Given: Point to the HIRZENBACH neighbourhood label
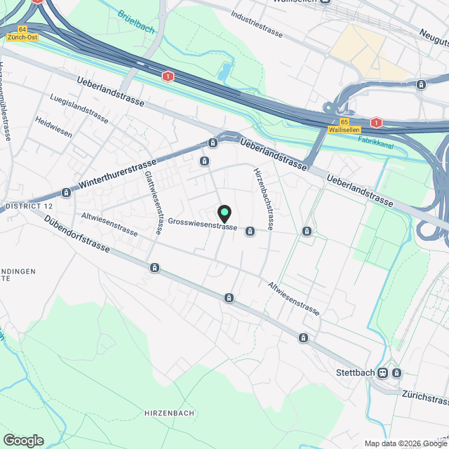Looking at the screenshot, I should [164, 412].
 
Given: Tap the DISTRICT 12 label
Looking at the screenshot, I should [29, 207].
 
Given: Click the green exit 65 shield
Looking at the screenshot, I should [344, 121].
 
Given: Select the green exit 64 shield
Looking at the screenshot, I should [23, 29].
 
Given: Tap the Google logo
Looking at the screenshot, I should [23, 441].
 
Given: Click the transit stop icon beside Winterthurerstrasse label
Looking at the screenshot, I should [66, 192].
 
